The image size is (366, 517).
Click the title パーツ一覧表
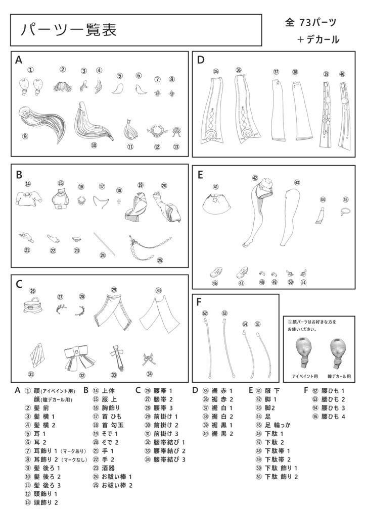pyautogui.click(x=69, y=30)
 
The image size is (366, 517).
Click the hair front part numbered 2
pyautogui.click(x=63, y=87)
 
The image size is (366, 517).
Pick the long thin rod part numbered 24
pyautogui.click(x=106, y=243)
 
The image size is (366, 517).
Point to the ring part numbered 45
pyautogui.click(x=345, y=212)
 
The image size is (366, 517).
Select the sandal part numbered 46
pyautogui.click(x=216, y=273)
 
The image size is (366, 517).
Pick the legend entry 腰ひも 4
pyautogui.click(x=330, y=417)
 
